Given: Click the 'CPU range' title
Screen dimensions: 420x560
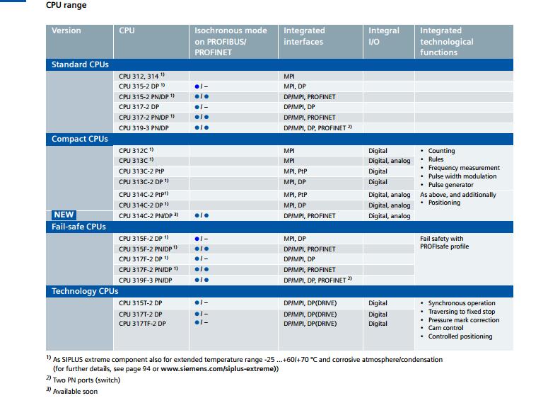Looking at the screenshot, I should [66, 6].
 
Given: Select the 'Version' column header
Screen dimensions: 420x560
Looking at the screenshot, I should [66, 31].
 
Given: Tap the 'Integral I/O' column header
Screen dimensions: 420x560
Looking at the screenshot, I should [384, 36].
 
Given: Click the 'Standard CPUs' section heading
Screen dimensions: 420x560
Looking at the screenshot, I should [81, 64].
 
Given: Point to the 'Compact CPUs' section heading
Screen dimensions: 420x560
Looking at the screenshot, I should [80, 139].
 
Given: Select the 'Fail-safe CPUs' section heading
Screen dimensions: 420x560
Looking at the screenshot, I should [79, 227].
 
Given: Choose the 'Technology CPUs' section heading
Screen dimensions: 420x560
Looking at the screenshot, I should [85, 291].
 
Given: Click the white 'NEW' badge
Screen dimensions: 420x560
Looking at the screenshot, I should [64, 215].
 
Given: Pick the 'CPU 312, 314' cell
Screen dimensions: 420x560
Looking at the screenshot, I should [139, 75].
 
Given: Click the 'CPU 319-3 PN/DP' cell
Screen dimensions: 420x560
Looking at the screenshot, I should [145, 127].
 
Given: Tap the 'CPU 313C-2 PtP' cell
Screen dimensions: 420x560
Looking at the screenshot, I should [141, 171].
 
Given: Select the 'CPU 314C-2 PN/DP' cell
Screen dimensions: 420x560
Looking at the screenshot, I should [146, 215].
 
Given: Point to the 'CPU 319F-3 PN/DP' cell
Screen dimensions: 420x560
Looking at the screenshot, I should [146, 280].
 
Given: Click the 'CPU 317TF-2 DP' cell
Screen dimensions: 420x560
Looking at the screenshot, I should [142, 324].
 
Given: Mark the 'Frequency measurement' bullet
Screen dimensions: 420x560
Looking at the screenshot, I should [464, 168].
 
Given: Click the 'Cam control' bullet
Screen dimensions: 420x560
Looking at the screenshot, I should [445, 328].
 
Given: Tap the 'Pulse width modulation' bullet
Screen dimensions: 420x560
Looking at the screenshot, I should [462, 176].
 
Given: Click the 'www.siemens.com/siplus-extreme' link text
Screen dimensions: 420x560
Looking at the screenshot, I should [218, 369].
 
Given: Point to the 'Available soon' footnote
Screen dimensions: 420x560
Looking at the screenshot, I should [76, 392].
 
